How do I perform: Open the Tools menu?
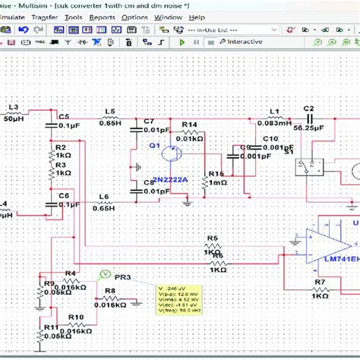pyautogui.click(x=74, y=17)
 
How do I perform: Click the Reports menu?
pyautogui.click(x=103, y=17)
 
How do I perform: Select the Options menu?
pyautogui.click(x=134, y=17)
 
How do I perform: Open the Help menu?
pyautogui.click(x=197, y=17)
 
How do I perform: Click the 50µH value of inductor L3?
pyautogui.click(x=14, y=119)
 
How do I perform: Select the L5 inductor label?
pyautogui.click(x=110, y=112)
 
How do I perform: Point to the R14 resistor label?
pyautogui.click(x=189, y=125)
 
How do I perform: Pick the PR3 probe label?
pyautogui.click(x=123, y=278)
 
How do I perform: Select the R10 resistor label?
pyautogui.click(x=76, y=317)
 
